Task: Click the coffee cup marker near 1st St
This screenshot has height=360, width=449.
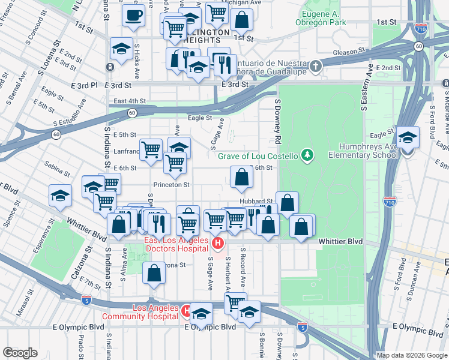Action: [132, 15]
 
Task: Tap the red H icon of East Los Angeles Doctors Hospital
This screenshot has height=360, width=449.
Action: [218, 244]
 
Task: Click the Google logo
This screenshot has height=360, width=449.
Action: [20, 353]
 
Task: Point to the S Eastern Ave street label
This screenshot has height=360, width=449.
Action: [363, 91]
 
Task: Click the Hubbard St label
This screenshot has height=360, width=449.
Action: [256, 202]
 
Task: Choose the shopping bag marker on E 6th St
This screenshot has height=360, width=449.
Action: [241, 177]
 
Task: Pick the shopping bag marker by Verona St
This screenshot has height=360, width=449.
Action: [154, 272]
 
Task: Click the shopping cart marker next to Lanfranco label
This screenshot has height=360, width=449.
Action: [151, 149]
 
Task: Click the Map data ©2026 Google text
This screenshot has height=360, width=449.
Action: [411, 355]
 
